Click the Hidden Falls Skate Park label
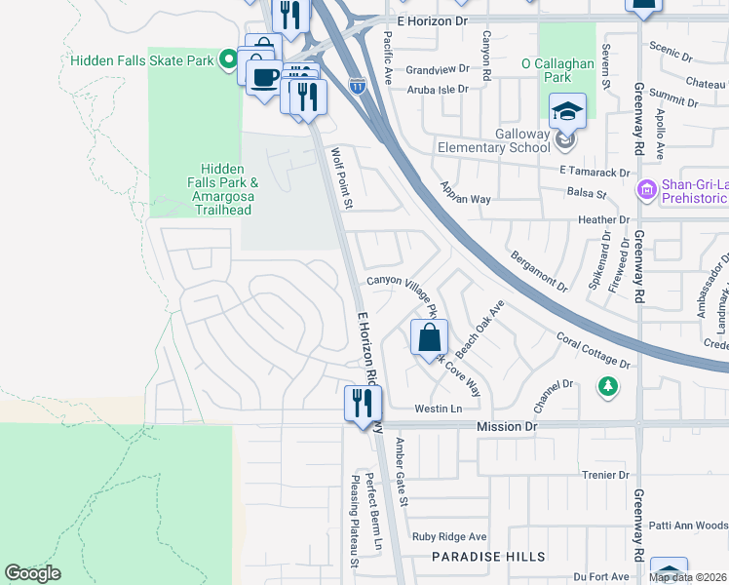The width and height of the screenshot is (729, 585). click(x=141, y=60)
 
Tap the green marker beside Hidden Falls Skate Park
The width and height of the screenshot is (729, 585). click(x=229, y=60)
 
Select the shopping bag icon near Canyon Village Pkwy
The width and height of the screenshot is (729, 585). click(x=429, y=339)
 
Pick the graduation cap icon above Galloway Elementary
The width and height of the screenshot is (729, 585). click(x=566, y=112)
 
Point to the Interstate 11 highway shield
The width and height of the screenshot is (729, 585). click(x=358, y=86)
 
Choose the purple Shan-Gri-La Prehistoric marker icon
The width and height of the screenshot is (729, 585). click(x=645, y=188)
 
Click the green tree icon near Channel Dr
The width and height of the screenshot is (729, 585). click(x=608, y=387)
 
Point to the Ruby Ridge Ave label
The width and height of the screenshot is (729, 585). click(x=449, y=537)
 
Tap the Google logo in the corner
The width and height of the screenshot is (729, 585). click(x=32, y=573)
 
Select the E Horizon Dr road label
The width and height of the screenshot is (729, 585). click(x=433, y=19)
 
